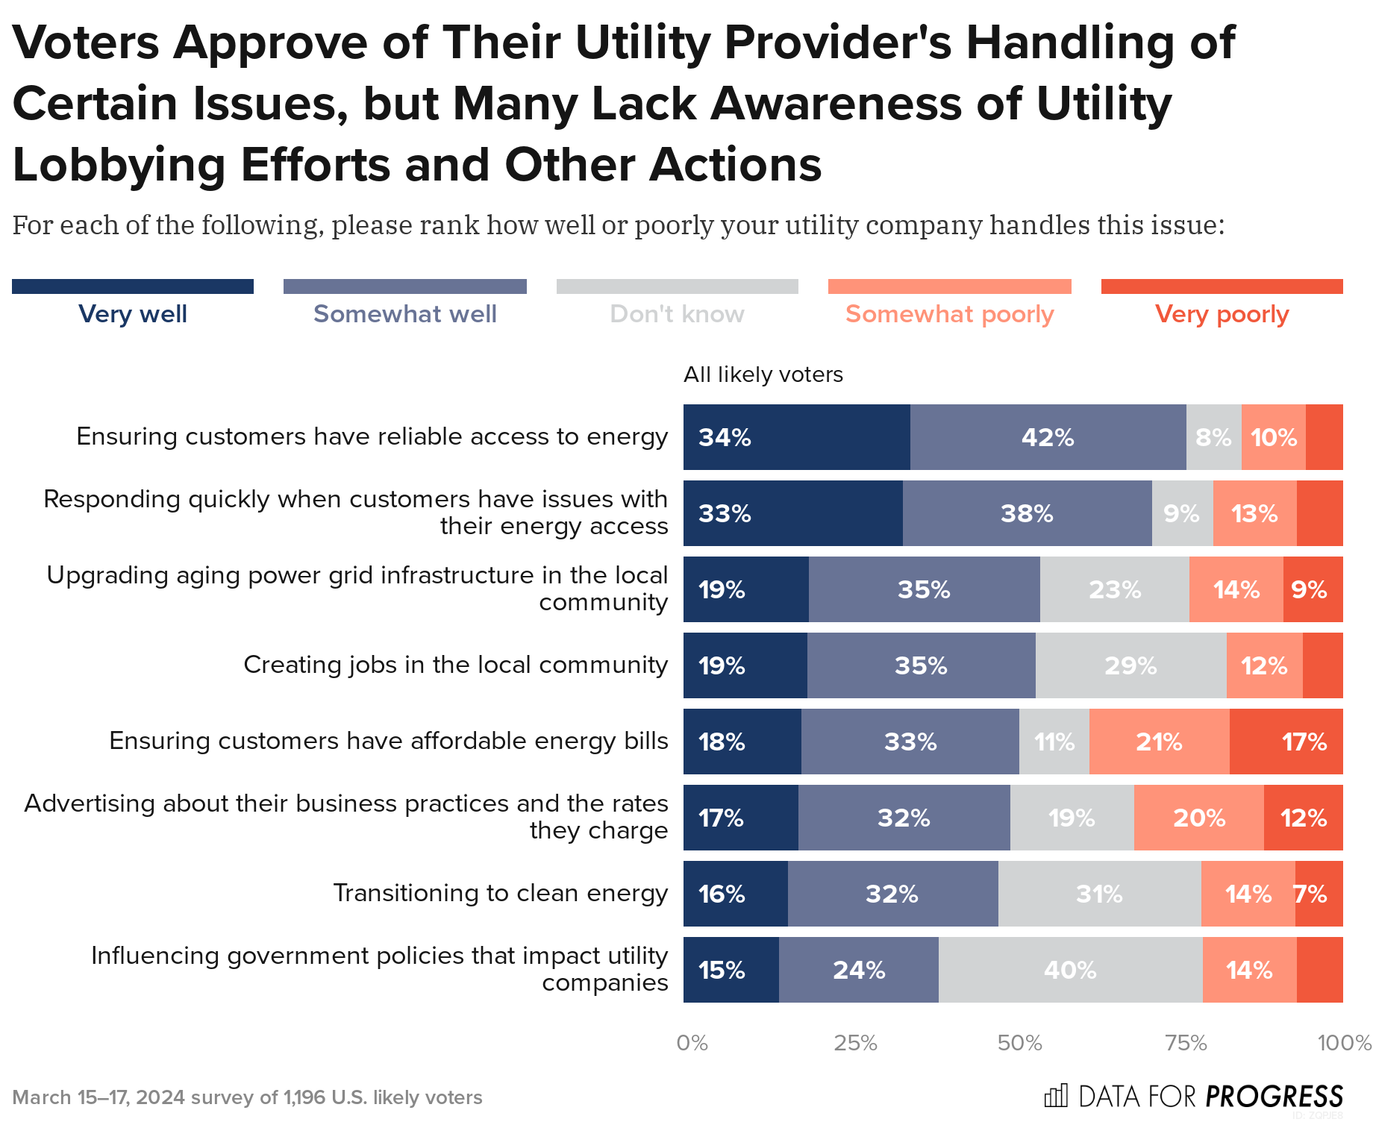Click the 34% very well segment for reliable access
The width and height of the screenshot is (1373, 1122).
pyautogui.click(x=796, y=437)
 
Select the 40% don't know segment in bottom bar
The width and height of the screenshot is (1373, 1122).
pyautogui.click(x=1070, y=970)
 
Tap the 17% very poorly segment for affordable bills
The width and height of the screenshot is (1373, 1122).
pyautogui.click(x=1286, y=742)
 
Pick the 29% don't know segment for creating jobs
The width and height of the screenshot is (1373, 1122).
pyautogui.click(x=1130, y=665)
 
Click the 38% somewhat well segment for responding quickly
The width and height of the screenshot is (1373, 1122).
pyautogui.click(x=1027, y=513)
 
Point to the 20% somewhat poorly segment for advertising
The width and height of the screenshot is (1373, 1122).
pyautogui.click(x=1198, y=818)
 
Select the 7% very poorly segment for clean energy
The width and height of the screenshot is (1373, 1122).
pyautogui.click(x=1318, y=894)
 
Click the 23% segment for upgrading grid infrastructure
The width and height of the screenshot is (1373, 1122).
pyautogui.click(x=1114, y=589)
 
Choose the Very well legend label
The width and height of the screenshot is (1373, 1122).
pyautogui.click(x=133, y=314)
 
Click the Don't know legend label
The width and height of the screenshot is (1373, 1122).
pyautogui.click(x=677, y=314)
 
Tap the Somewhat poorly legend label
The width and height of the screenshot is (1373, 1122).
pyautogui.click(x=949, y=314)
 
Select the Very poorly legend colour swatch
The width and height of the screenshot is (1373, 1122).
pyautogui.click(x=1222, y=286)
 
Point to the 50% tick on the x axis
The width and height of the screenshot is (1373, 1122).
pyautogui.click(x=1019, y=1043)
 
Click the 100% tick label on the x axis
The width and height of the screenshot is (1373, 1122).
pyautogui.click(x=1344, y=1043)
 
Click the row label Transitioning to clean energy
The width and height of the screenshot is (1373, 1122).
pyautogui.click(x=500, y=893)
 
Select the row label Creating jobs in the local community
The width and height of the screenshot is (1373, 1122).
pyautogui.click(x=455, y=665)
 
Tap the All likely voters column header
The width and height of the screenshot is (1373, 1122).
pyautogui.click(x=763, y=374)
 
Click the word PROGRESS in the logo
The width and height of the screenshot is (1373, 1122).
pyautogui.click(x=1274, y=1097)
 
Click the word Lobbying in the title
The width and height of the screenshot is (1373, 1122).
pyautogui.click(x=119, y=165)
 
